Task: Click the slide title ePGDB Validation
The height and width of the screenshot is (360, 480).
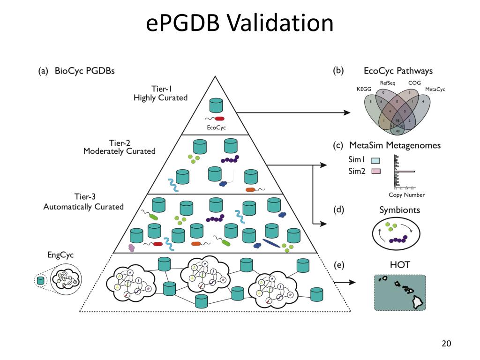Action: click(240, 23)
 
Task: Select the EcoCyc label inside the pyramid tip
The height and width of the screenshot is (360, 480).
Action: click(216, 127)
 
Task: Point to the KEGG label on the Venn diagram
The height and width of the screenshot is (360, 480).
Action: click(364, 89)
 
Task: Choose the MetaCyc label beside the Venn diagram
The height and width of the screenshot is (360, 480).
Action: click(435, 89)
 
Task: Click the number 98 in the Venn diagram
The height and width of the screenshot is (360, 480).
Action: click(398, 120)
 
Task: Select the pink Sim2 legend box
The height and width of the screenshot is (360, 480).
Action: click(375, 171)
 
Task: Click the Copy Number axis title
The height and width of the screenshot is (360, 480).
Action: click(406, 195)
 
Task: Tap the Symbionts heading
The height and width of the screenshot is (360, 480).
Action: click(399, 210)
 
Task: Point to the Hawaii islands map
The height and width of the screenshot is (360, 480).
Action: click(400, 292)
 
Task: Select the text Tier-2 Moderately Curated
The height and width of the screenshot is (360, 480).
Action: click(119, 147)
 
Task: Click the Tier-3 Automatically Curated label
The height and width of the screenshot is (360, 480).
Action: click(83, 202)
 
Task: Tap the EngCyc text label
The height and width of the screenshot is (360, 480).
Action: click(60, 255)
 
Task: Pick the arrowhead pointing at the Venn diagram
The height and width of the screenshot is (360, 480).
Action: click(347, 112)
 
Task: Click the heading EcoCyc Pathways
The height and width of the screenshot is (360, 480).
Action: click(398, 71)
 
